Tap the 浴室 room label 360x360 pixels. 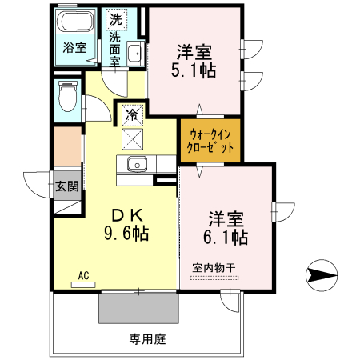coord(74,48)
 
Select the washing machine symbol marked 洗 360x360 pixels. coord(116,19)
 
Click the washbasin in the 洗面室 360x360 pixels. coord(134,54)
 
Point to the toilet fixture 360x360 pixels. coord(67,96)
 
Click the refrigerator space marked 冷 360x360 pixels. coord(132,115)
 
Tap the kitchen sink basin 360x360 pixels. coord(137,164)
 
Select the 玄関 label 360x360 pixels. coord(67,186)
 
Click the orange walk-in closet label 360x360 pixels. coord(210,141)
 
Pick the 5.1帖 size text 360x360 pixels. coord(194,70)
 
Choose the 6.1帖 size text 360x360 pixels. coord(226,237)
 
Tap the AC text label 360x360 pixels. coord(83,275)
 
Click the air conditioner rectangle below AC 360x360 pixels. coord(83,285)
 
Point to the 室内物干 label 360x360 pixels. coord(214,268)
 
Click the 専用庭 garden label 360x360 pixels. coord(148,339)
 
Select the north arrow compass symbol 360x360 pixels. coord(322,275)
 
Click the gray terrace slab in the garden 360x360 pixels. coord(138,308)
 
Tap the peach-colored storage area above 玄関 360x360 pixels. coord(67,146)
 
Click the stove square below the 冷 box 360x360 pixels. coord(132,139)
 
